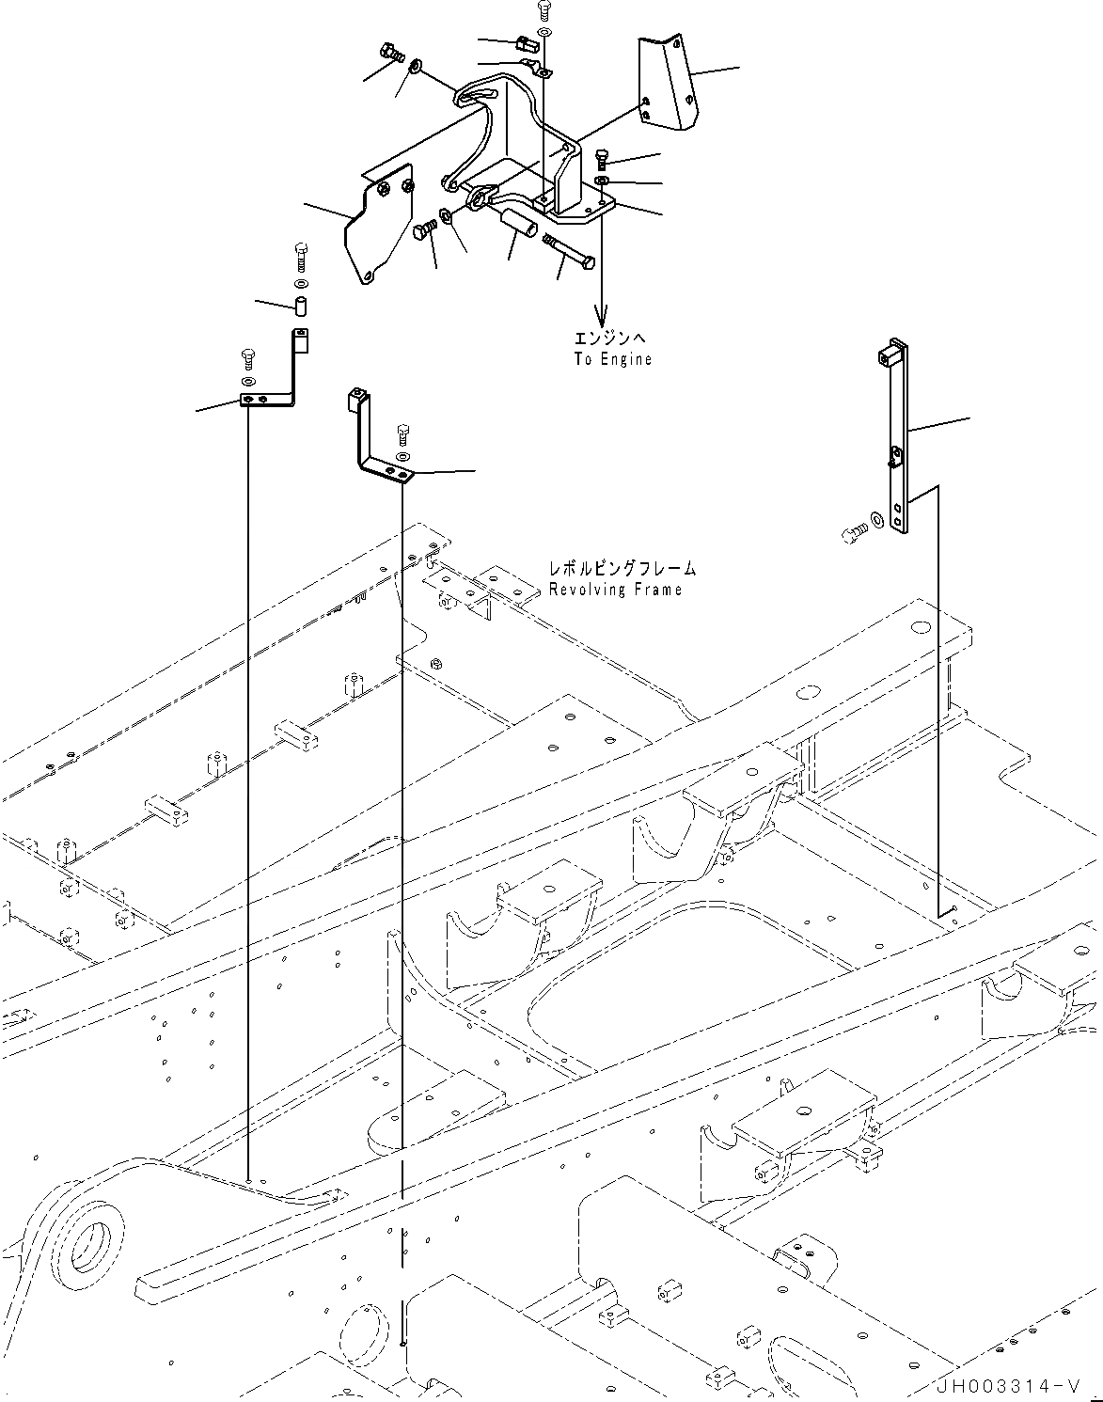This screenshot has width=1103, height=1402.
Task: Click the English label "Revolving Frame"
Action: [x=615, y=590]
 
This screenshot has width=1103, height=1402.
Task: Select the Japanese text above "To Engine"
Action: [x=611, y=339]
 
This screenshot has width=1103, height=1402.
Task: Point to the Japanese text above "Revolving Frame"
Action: [x=622, y=569]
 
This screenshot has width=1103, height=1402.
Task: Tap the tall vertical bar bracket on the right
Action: [x=896, y=437]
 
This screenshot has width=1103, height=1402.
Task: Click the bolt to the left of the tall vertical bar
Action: [x=850, y=534]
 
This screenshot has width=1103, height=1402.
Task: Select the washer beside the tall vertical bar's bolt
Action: [x=876, y=518]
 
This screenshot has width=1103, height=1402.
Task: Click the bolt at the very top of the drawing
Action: [x=544, y=10]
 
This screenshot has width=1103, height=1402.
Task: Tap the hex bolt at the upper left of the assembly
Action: [x=390, y=50]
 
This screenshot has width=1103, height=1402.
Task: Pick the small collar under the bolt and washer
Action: [x=302, y=307]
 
